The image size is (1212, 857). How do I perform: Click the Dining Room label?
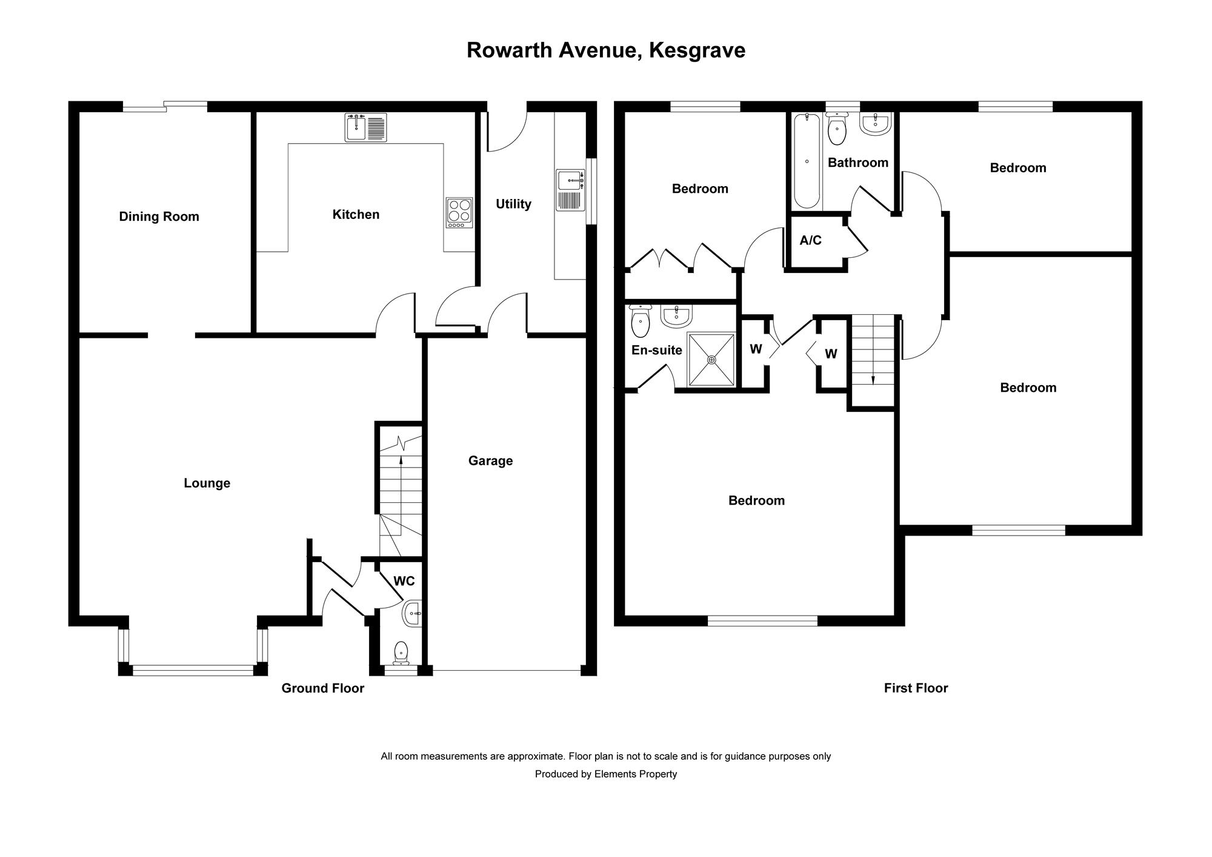pyautogui.click(x=159, y=217)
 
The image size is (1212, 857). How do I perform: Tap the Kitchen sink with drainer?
pyautogui.click(x=366, y=127)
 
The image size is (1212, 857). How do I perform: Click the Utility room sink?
pyautogui.click(x=571, y=190)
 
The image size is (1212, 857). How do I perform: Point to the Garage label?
pyautogui.click(x=490, y=461)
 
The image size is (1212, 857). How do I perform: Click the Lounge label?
pyautogui.click(x=207, y=483)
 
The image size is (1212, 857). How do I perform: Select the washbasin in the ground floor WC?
pyautogui.click(x=412, y=614)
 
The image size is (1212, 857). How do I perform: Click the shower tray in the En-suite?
pyautogui.click(x=711, y=359)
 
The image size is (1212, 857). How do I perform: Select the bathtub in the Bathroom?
pyautogui.click(x=807, y=161)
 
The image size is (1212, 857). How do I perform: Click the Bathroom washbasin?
pyautogui.click(x=875, y=124)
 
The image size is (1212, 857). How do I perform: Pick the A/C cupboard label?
pyautogui.click(x=811, y=241)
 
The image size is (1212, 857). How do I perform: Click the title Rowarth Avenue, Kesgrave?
pyautogui.click(x=606, y=50)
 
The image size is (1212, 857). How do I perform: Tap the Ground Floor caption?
pyautogui.click(x=323, y=688)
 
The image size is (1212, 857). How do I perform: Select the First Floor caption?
pyautogui.click(x=916, y=688)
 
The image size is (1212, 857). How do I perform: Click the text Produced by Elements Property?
pyautogui.click(x=606, y=774)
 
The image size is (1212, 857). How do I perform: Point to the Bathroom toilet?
pyautogui.click(x=837, y=129)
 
